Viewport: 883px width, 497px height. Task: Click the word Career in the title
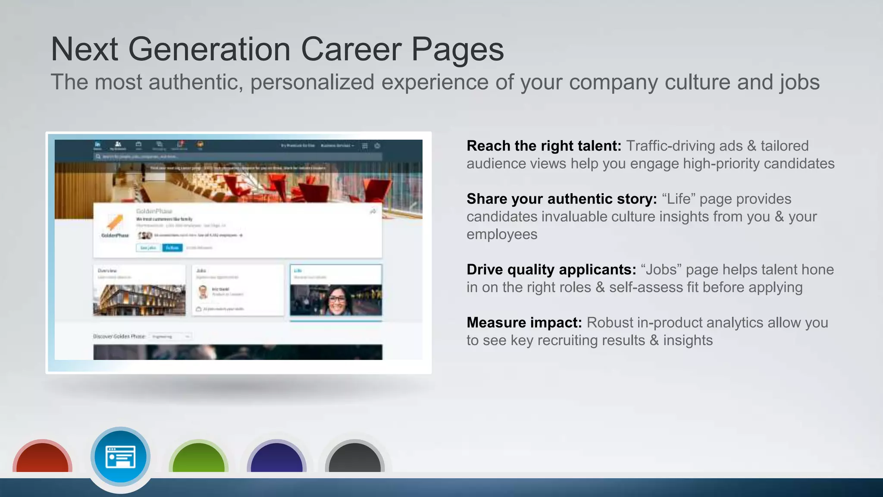351,49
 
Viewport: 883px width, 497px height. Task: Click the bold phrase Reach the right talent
544,146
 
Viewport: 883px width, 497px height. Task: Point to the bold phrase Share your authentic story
561,199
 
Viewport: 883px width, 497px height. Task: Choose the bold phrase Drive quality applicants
551,270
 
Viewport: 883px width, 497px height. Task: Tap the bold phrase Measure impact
524,323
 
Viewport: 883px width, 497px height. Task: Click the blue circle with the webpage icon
120,456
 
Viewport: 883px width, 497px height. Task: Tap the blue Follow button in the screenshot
172,248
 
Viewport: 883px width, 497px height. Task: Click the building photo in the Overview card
139,299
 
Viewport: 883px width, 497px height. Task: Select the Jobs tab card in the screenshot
238,289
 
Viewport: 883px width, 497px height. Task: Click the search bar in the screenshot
237,157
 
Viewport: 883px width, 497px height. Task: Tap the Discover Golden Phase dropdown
171,337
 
